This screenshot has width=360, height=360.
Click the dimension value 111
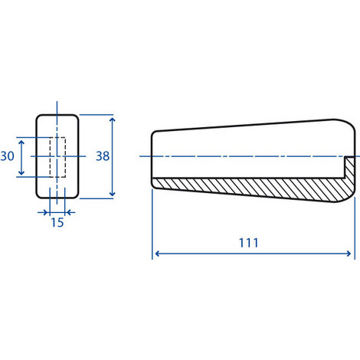tap(248, 243)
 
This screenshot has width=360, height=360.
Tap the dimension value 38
tap(103, 156)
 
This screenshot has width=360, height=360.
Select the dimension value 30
tap(7, 156)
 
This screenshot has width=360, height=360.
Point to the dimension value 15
tap(57, 222)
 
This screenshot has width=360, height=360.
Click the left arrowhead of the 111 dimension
tap(158, 254)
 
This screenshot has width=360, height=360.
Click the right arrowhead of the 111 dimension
tap(349, 254)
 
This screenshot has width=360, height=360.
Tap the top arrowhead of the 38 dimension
tap(112, 120)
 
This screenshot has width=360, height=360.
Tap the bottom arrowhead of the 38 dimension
tap(112, 193)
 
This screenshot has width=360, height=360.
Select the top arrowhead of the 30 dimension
tap(21, 143)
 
